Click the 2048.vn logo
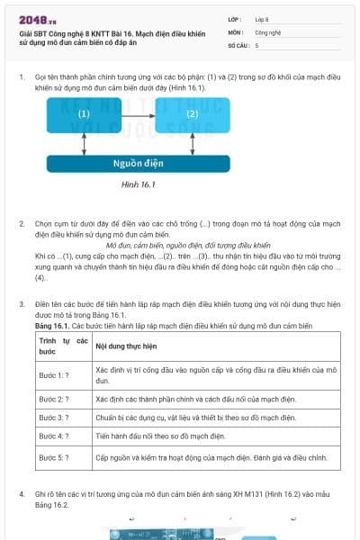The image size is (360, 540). (32, 19)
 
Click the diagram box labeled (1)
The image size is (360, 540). (84, 114)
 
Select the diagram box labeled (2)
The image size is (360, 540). (192, 114)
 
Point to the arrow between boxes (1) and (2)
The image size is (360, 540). (137, 114)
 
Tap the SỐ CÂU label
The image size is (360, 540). (238, 44)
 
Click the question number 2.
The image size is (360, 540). (22, 222)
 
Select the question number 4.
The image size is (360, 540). (22, 496)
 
